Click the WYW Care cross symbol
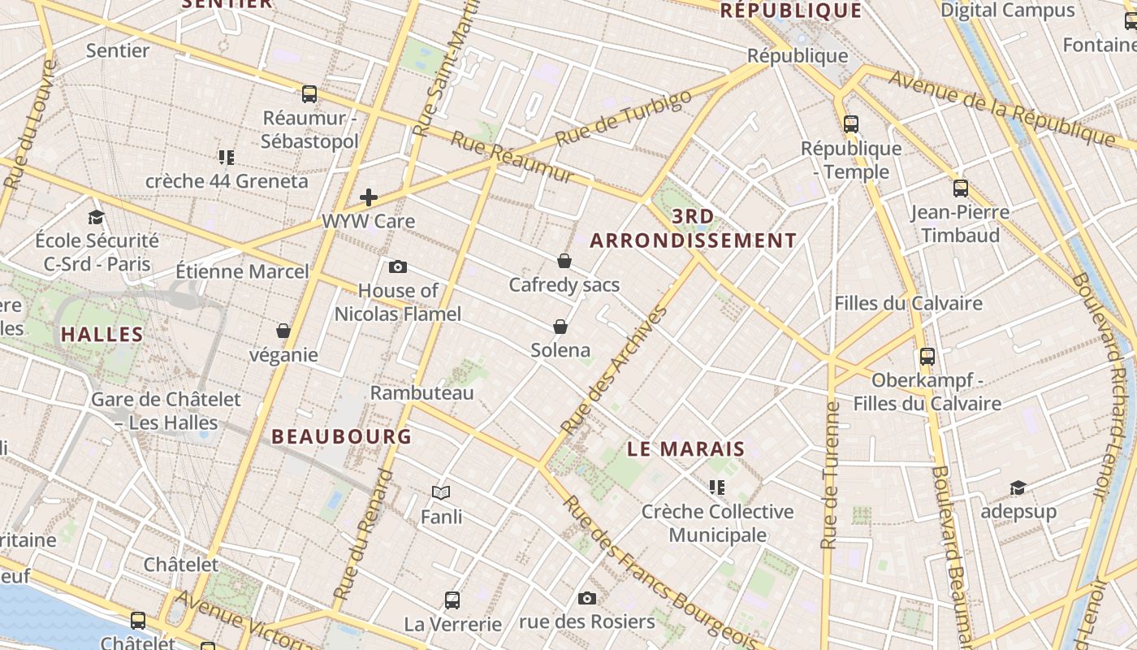[x=369, y=197]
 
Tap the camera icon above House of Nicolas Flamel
[x=398, y=266]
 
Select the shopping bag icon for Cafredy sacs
[x=564, y=261]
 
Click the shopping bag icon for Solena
[x=560, y=327]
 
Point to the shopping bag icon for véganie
[x=283, y=331]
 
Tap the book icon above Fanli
[x=441, y=492]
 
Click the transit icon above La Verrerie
[x=452, y=600]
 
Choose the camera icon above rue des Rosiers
[x=587, y=599]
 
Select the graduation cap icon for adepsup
[x=1018, y=487]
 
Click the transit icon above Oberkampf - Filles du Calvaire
[x=927, y=356]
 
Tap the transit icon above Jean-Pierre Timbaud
[x=961, y=188]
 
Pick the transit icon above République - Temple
[x=851, y=124]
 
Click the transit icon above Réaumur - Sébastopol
[x=309, y=93]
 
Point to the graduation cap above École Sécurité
[x=97, y=217]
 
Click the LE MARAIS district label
[x=686, y=448]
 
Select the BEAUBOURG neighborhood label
[x=341, y=436]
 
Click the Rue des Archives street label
[x=614, y=370]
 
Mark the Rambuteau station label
[x=422, y=392]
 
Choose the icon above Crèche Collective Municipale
[x=716, y=487]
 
